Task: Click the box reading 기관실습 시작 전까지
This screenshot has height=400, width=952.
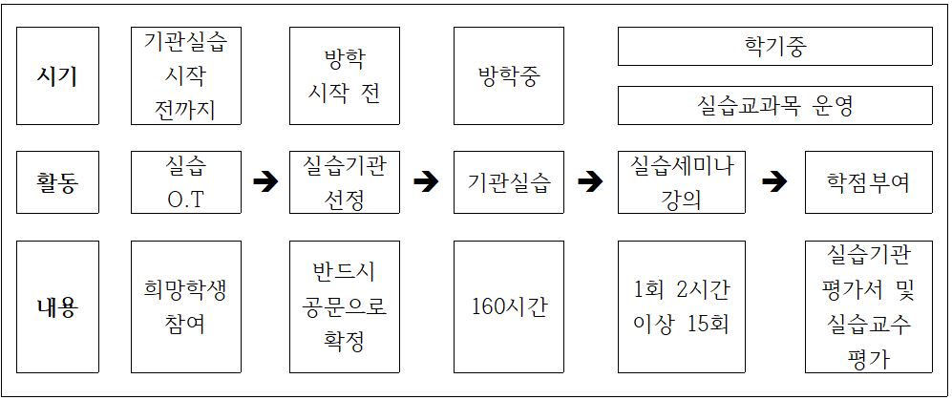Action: tap(186, 75)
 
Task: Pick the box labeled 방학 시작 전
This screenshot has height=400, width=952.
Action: tap(345, 75)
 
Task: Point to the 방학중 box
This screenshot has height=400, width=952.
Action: tap(509, 75)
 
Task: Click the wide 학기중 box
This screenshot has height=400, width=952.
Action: tap(774, 46)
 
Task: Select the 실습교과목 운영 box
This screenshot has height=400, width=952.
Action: tap(774, 105)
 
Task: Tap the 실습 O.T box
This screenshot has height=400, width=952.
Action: tap(186, 182)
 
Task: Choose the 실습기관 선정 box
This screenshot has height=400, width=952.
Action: tap(345, 182)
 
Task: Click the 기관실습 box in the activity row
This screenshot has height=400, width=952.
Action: tap(509, 182)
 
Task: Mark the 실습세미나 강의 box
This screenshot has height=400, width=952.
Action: tap(682, 182)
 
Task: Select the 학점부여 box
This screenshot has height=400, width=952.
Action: tap(869, 182)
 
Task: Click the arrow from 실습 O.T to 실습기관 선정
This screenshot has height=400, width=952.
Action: tap(264, 181)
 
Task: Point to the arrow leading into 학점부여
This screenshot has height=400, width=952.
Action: tap(774, 181)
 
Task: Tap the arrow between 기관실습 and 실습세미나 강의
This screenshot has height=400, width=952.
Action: tap(590, 181)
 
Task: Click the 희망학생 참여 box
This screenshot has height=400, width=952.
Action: tap(186, 306)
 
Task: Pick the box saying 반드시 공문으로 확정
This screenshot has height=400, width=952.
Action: tap(345, 306)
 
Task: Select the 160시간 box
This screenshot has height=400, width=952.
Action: tap(509, 306)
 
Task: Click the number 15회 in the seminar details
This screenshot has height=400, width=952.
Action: tap(709, 325)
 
